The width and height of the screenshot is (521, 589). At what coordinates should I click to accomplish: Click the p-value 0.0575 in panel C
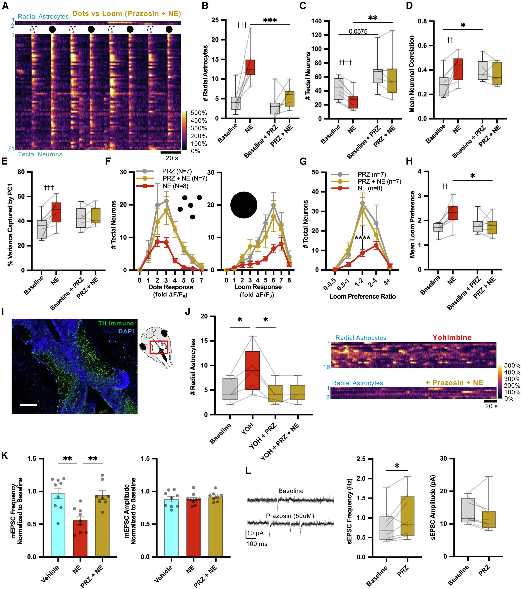tap(358, 31)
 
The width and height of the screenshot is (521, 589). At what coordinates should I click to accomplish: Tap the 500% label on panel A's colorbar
tap(199, 113)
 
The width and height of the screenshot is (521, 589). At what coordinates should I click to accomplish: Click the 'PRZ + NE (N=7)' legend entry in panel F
tap(185, 178)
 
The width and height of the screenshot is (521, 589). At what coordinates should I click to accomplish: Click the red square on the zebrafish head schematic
tap(159, 347)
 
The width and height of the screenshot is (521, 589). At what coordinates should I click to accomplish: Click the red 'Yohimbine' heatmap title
tap(452, 337)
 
